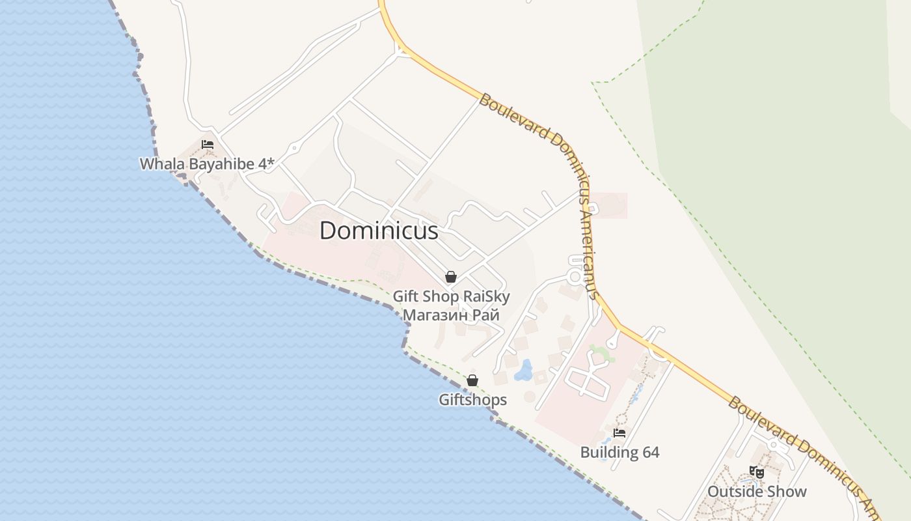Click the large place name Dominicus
tap(379, 231)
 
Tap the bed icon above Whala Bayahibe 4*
tap(208, 145)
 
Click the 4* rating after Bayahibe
tap(267, 163)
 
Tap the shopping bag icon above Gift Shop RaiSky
tap(450, 277)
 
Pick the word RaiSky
tap(486, 297)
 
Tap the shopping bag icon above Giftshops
tap(472, 380)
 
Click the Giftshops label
tap(472, 400)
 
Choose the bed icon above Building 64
tap(619, 432)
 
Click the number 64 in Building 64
tap(651, 453)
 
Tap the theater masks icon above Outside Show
tap(756, 472)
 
